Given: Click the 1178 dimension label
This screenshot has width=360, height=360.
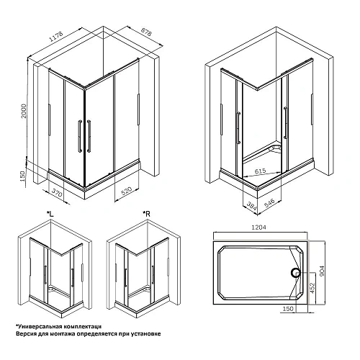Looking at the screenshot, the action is (x=56, y=37).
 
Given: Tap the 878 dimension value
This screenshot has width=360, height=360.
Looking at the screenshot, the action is (x=146, y=32).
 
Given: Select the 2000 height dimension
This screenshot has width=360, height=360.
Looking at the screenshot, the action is (x=23, y=111).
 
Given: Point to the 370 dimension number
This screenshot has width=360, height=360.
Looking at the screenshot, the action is (x=57, y=192).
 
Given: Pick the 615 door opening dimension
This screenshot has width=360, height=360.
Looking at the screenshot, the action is (x=260, y=171).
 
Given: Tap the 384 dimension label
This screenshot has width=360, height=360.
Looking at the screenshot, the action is (x=252, y=206).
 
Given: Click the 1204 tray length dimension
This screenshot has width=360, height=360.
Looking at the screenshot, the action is (x=258, y=227).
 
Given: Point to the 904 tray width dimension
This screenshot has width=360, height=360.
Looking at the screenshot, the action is (x=322, y=271).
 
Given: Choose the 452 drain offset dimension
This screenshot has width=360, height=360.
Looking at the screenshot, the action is (x=312, y=287).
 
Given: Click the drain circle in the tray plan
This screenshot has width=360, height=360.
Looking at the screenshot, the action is (x=295, y=272).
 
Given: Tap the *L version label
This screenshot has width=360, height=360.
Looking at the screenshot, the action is (x=50, y=214).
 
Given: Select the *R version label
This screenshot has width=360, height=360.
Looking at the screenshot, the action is (x=146, y=214).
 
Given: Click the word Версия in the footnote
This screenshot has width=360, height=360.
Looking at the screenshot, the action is (x=26, y=334).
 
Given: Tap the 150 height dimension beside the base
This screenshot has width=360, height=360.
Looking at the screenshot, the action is (x=22, y=176).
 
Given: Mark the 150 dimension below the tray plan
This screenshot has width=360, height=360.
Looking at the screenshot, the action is (x=288, y=308).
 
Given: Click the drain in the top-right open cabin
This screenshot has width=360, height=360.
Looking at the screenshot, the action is (x=276, y=148).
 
